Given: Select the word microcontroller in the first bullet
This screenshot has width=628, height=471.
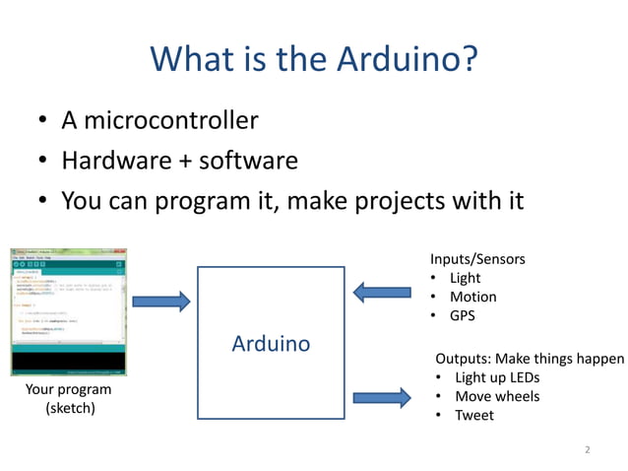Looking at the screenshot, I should [x=173, y=120].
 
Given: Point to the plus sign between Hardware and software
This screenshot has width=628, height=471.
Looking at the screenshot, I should [x=184, y=162].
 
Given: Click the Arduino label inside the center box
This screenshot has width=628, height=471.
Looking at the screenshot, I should [x=271, y=344].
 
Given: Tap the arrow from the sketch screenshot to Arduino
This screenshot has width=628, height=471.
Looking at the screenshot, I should [x=160, y=302].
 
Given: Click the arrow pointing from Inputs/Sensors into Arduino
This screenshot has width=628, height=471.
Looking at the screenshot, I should [x=382, y=292].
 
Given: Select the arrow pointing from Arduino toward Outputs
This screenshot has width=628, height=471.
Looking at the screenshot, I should [x=382, y=398].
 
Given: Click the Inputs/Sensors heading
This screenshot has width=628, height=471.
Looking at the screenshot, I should [x=477, y=259].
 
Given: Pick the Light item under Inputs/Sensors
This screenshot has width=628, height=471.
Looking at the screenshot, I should [x=465, y=278].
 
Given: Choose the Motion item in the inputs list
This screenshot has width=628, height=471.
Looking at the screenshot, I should [x=472, y=297].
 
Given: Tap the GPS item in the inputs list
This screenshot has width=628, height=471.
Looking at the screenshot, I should [x=463, y=315].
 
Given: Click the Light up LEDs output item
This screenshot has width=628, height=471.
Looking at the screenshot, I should [x=496, y=377].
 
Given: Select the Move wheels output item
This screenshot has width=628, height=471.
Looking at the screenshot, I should [x=496, y=396].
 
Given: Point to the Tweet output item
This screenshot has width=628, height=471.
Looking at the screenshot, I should [x=473, y=415].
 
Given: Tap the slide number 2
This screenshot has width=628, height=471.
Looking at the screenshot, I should [x=587, y=450].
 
